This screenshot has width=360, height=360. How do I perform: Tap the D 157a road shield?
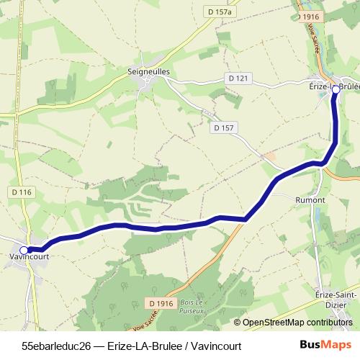coord(224,12)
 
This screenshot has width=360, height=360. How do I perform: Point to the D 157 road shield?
coord(224,127)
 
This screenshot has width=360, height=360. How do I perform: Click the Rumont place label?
coord(310,199)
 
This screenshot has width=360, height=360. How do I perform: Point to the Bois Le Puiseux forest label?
coord(192,307)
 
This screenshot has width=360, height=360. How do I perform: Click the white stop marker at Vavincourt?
coord(24,250)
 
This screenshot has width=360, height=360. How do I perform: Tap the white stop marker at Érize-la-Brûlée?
coord(335,89)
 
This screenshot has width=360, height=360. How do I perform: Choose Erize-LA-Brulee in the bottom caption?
coord(144,346)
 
